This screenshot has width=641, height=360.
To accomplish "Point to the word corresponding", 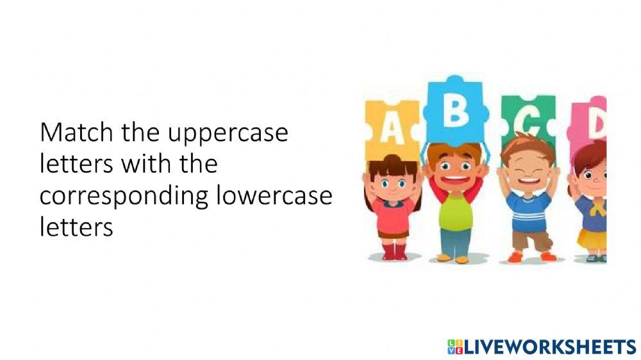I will click(x=124, y=195).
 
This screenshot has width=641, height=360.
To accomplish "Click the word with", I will click(x=150, y=164).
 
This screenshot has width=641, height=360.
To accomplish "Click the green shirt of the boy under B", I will click(x=456, y=211).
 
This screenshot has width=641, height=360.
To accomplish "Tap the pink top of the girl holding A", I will click(x=393, y=215).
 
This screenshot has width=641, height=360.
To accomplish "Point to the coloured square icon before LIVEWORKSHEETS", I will click(x=454, y=347).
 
